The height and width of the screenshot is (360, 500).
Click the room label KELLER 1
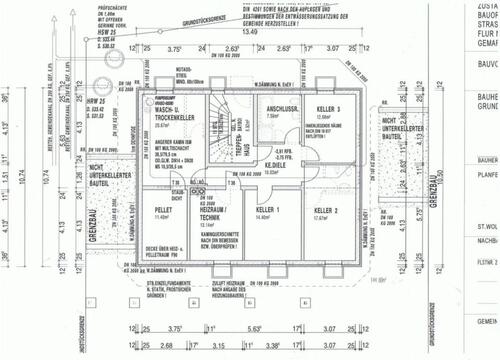click(266, 208)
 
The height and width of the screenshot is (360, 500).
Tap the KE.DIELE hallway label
click(276, 165)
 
